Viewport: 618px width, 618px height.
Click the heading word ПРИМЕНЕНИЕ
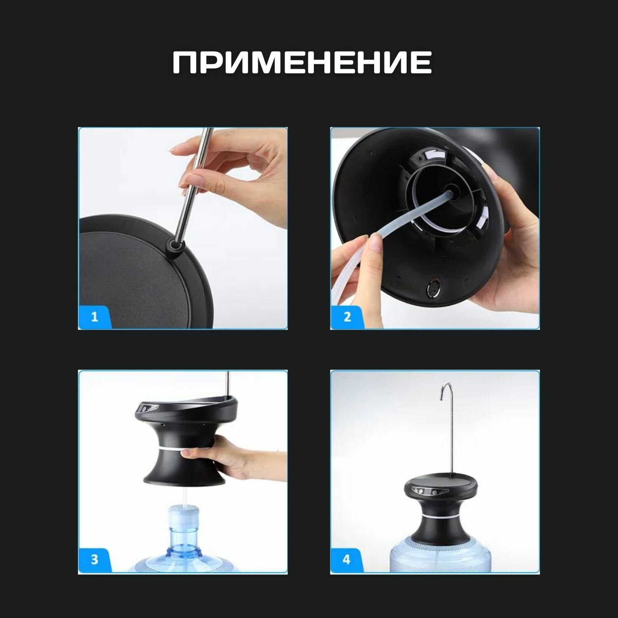[302, 63]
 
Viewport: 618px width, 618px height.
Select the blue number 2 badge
[347, 317]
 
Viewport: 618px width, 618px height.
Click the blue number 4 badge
[346, 560]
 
